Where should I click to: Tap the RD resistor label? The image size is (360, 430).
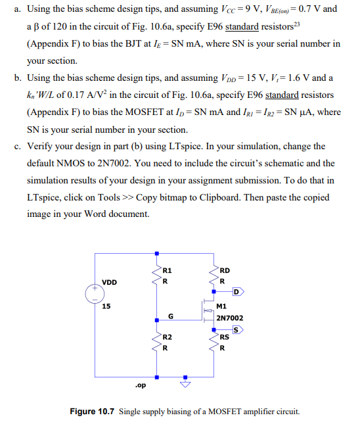224,270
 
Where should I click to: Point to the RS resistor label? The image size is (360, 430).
224,337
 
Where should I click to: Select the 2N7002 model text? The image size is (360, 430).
229,318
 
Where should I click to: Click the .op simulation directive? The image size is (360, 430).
139,385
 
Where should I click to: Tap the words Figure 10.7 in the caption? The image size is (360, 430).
92,412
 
